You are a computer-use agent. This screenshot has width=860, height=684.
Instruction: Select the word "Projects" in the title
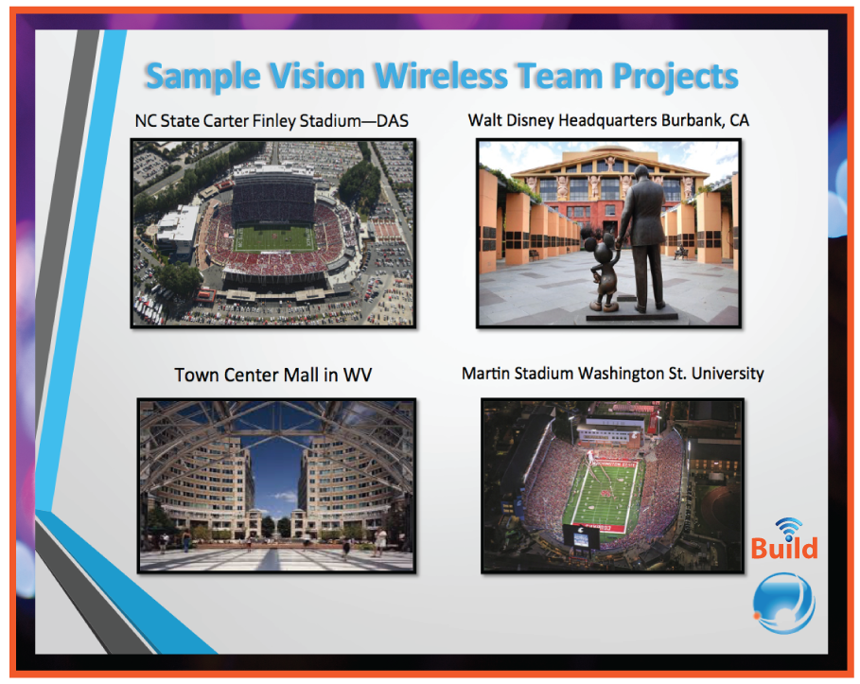pos(661,76)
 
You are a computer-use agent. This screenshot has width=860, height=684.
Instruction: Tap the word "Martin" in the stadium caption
pos(486,374)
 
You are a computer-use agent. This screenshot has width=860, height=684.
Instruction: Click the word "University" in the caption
pos(727,374)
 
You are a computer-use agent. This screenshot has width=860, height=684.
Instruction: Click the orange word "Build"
pos(784,548)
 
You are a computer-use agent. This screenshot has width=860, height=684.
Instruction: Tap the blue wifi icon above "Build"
pos(787,526)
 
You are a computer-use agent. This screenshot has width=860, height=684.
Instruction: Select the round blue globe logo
pos(783,602)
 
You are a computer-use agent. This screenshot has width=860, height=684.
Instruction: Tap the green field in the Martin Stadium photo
pos(606,491)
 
